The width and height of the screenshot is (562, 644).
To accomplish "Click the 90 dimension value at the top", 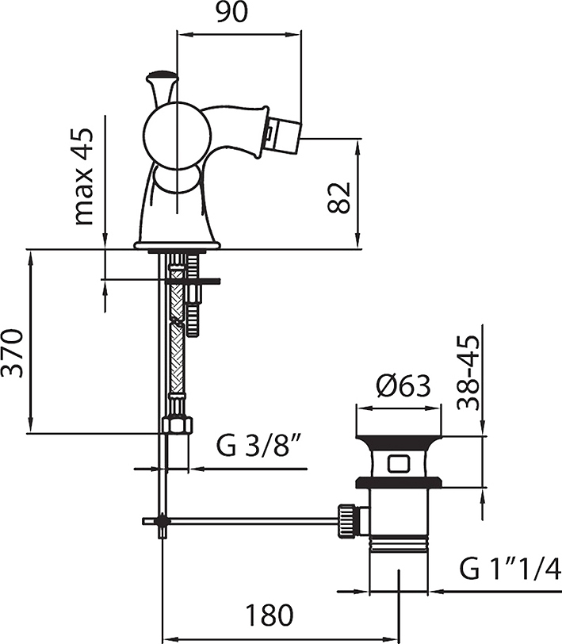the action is point(232,13).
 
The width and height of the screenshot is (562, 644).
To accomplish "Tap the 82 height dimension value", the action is point(339,197).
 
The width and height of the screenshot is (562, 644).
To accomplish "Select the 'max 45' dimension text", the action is point(83,177).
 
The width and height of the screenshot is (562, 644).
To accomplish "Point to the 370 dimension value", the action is point(12,353).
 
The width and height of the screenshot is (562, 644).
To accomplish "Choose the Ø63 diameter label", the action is point(403,385).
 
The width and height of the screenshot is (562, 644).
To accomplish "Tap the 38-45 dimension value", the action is point(468,373).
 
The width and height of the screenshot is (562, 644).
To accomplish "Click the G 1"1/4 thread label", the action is point(510,568).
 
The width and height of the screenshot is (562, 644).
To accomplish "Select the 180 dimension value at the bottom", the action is point(270,615).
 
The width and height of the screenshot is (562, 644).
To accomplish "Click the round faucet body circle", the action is point(178,136).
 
